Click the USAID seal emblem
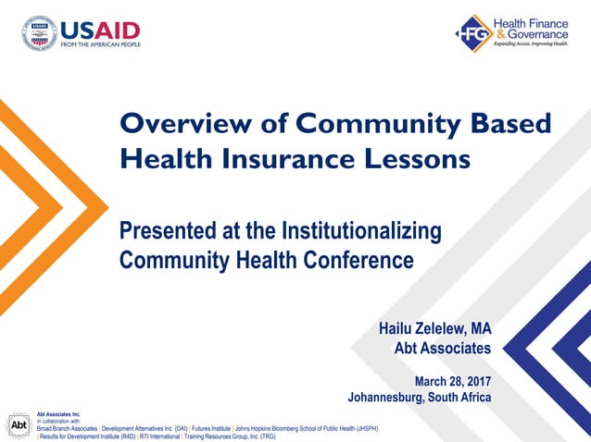coord(40,34)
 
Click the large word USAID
coord(100,29)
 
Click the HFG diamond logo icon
coord(472,33)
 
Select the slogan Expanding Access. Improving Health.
coord(530,43)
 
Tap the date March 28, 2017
coord(452,381)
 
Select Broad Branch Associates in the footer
coord(67,428)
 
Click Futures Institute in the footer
coord(210,428)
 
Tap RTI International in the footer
coord(158,436)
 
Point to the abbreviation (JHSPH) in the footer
coord(362,428)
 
